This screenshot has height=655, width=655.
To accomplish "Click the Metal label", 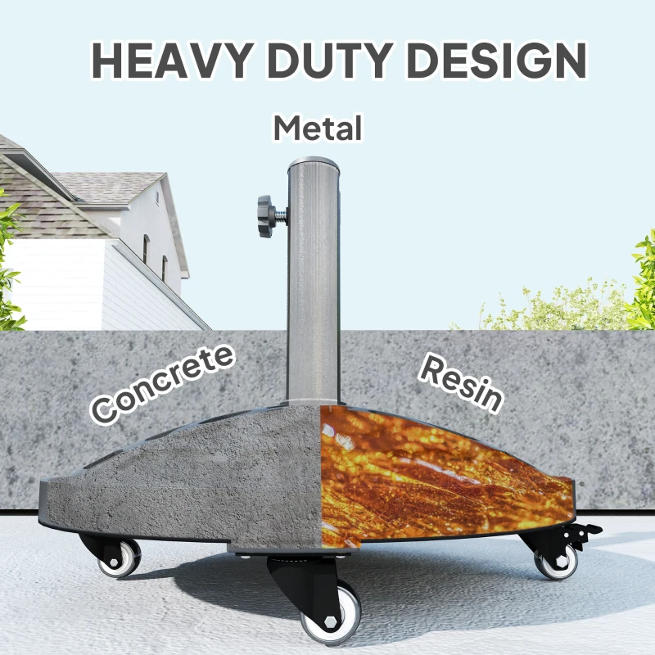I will tap(318, 129).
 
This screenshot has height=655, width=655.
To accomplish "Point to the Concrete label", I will tap(162, 383).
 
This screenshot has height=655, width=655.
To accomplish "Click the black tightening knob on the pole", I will tap(266, 215).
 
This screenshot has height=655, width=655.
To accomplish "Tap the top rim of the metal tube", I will tap(313, 162).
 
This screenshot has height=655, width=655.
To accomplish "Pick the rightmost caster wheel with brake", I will tap(556, 562).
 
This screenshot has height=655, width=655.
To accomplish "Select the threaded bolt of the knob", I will tap(281, 217).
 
